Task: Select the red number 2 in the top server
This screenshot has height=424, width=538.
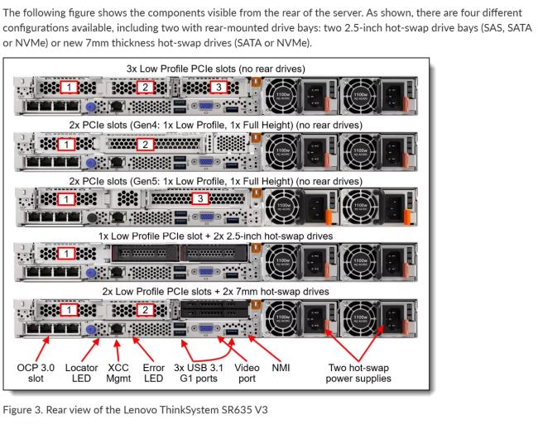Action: coord(146,87)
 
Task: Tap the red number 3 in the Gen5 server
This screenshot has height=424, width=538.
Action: coord(197,198)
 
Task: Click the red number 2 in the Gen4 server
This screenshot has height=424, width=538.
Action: coord(146,144)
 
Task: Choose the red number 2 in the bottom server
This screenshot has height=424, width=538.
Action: coord(146,309)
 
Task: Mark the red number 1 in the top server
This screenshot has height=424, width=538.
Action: coord(71,87)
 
